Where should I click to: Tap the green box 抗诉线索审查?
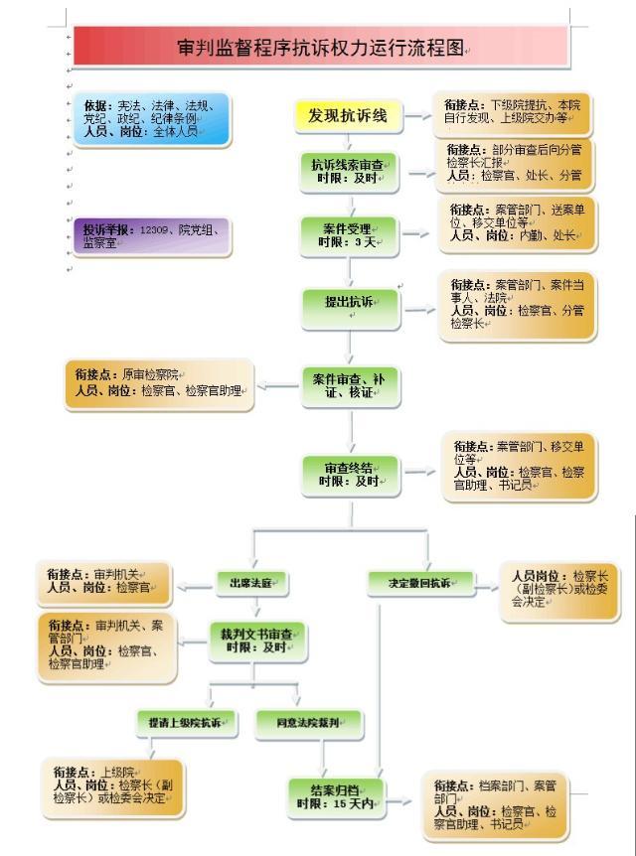pyautogui.click(x=349, y=170)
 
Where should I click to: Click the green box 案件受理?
pyautogui.click(x=349, y=234)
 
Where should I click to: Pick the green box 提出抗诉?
pyautogui.click(x=349, y=302)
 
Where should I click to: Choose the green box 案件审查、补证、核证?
pyautogui.click(x=352, y=385)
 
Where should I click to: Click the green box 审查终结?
pyautogui.click(x=352, y=474)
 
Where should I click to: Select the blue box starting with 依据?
pyautogui.click(x=143, y=118)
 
